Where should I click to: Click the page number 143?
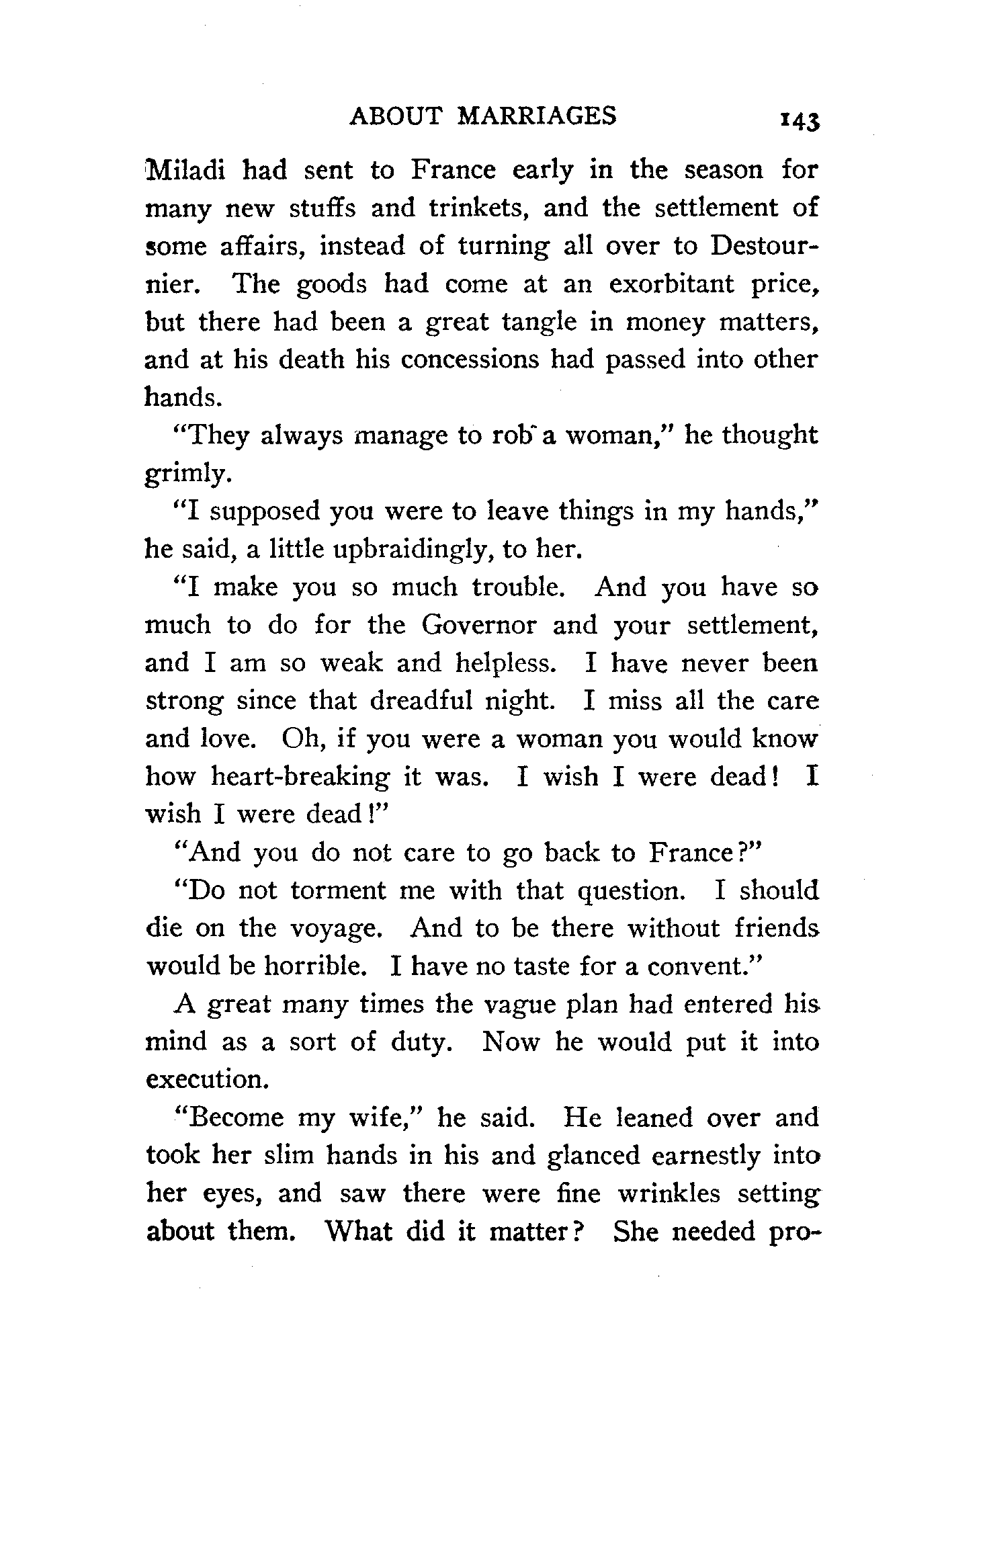(798, 121)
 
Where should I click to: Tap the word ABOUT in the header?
(397, 117)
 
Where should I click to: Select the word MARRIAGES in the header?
(537, 117)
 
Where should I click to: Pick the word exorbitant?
(672, 284)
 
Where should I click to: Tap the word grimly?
(188, 474)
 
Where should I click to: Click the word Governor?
(479, 625)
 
